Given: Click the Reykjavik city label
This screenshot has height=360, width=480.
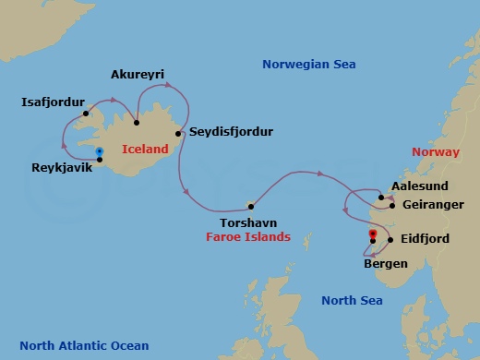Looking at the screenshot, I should tap(60, 168).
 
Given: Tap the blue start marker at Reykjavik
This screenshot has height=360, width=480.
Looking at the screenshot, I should tap(99, 151).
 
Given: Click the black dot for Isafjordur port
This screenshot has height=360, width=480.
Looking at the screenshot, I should tap(85, 114).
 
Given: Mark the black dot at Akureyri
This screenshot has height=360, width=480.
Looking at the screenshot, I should tap(137, 122).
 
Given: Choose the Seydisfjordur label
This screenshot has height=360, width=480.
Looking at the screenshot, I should tap(231, 132).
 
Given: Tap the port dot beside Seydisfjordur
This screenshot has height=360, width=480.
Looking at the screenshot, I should tap(177, 132).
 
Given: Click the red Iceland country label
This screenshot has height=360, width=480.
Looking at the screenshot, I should tap(145, 149).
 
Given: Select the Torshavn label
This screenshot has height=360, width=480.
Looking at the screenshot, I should tap(248, 222).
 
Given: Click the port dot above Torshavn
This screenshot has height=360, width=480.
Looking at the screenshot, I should tap(250, 207).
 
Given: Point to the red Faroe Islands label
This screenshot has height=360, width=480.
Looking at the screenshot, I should tap(248, 237).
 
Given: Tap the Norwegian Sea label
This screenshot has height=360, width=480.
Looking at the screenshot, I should tap(308, 64).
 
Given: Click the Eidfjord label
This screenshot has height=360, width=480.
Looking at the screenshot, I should tap(425, 240).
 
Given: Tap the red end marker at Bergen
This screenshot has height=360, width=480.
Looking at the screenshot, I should tap(371, 234).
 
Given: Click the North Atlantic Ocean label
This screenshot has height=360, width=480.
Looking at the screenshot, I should tap(84, 345).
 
